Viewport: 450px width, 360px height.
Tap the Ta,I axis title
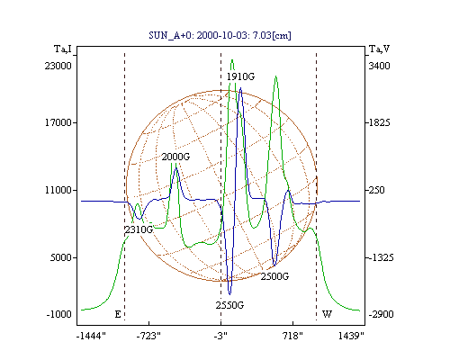pyautogui.click(x=63, y=49)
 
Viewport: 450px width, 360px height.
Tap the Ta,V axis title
pyautogui.click(x=379, y=49)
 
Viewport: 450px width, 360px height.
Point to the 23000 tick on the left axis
pyautogui.click(x=58, y=66)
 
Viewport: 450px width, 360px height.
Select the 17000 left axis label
pyautogui.click(x=58, y=122)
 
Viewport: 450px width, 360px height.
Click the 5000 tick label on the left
pyautogui.click(x=61, y=257)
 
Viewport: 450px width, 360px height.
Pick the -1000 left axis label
pyautogui.click(x=59, y=314)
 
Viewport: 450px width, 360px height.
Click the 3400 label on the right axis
pyautogui.click(x=379, y=66)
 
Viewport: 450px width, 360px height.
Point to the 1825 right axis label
pyautogui.click(x=379, y=122)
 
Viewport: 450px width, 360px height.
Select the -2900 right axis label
pyautogui.click(x=381, y=314)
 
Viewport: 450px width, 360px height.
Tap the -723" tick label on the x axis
pyautogui.click(x=148, y=336)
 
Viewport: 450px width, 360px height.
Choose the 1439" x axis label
pyautogui.click(x=351, y=336)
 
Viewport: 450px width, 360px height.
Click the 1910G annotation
pyautogui.click(x=240, y=76)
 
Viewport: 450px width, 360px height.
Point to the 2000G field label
pyautogui.click(x=175, y=157)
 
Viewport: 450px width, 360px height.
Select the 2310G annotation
pyautogui.click(x=139, y=229)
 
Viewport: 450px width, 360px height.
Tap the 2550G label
pyautogui.click(x=229, y=305)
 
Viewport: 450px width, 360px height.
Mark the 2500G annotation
pyautogui.click(x=274, y=276)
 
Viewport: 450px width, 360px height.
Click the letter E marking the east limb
pyautogui.click(x=118, y=314)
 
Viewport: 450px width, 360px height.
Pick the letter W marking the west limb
pyautogui.click(x=327, y=314)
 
